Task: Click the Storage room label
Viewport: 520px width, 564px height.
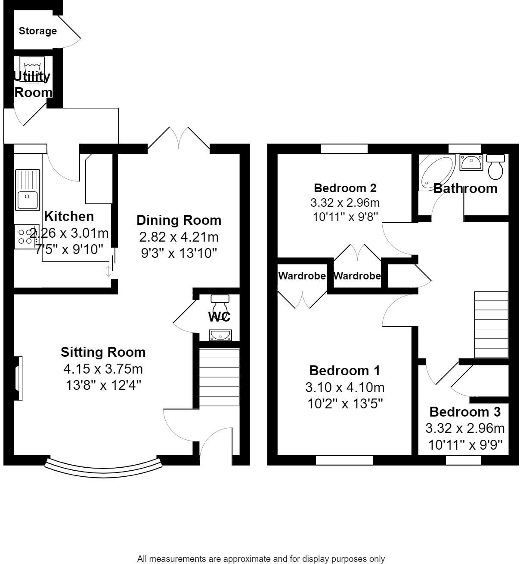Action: pos(37,31)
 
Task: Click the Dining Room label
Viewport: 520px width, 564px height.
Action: pos(179,220)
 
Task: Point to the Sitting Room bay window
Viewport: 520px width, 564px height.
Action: pos(103,467)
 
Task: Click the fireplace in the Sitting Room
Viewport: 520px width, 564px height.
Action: pos(18,378)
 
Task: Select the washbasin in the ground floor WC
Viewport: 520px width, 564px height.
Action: pos(220,334)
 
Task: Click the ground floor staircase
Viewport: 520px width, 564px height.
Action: pos(219,377)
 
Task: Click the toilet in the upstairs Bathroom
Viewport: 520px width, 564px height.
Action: pos(495,167)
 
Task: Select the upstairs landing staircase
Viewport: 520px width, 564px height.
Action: pos(491,325)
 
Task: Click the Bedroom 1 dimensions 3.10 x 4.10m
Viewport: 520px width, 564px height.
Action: pos(345,387)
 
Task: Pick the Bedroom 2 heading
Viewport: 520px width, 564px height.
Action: pos(345,188)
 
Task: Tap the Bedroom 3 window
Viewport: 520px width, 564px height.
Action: pos(463,460)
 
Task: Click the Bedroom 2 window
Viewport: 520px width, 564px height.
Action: pos(344,149)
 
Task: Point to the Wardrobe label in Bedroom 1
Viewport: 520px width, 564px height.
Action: pos(302,276)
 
